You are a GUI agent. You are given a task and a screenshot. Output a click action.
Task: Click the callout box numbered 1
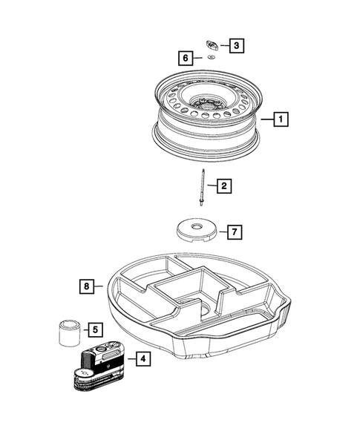(280, 118)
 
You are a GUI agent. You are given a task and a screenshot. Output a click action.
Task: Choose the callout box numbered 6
(186, 57)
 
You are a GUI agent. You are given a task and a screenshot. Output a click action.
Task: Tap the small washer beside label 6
(212, 57)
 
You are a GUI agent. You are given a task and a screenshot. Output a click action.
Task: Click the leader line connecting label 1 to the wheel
(266, 118)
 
